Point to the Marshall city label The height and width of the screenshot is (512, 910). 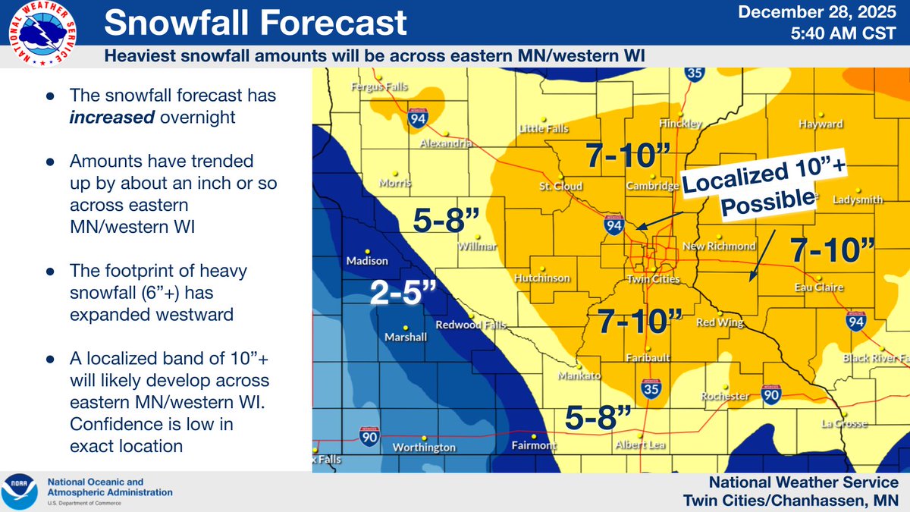click(x=406, y=337)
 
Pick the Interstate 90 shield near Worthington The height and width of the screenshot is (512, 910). click(x=369, y=436)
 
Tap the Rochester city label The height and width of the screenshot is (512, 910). click(x=725, y=396)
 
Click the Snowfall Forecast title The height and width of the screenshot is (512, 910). click(x=255, y=23)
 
